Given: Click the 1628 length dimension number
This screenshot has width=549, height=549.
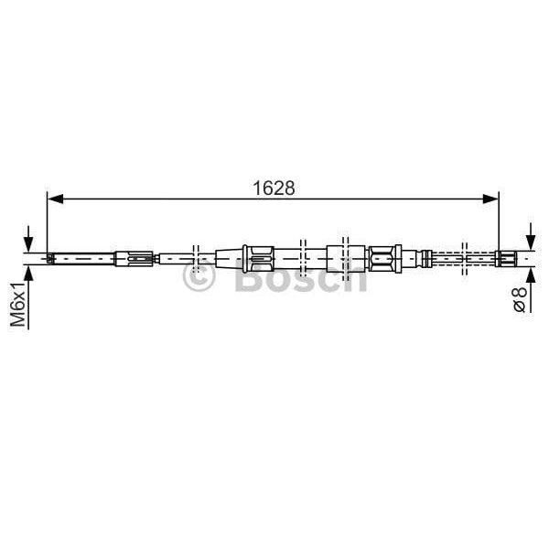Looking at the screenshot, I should (273, 188).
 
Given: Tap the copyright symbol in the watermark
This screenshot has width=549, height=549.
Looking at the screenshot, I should (199, 276).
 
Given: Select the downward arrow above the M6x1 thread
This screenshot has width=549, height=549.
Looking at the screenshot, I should (29, 243).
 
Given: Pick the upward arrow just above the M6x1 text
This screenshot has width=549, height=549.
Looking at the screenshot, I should (29, 271).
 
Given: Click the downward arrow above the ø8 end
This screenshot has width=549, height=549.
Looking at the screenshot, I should (529, 240).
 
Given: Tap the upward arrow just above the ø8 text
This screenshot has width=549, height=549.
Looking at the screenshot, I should (529, 273).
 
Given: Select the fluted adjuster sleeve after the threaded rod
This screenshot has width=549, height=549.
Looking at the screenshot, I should (134, 258).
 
